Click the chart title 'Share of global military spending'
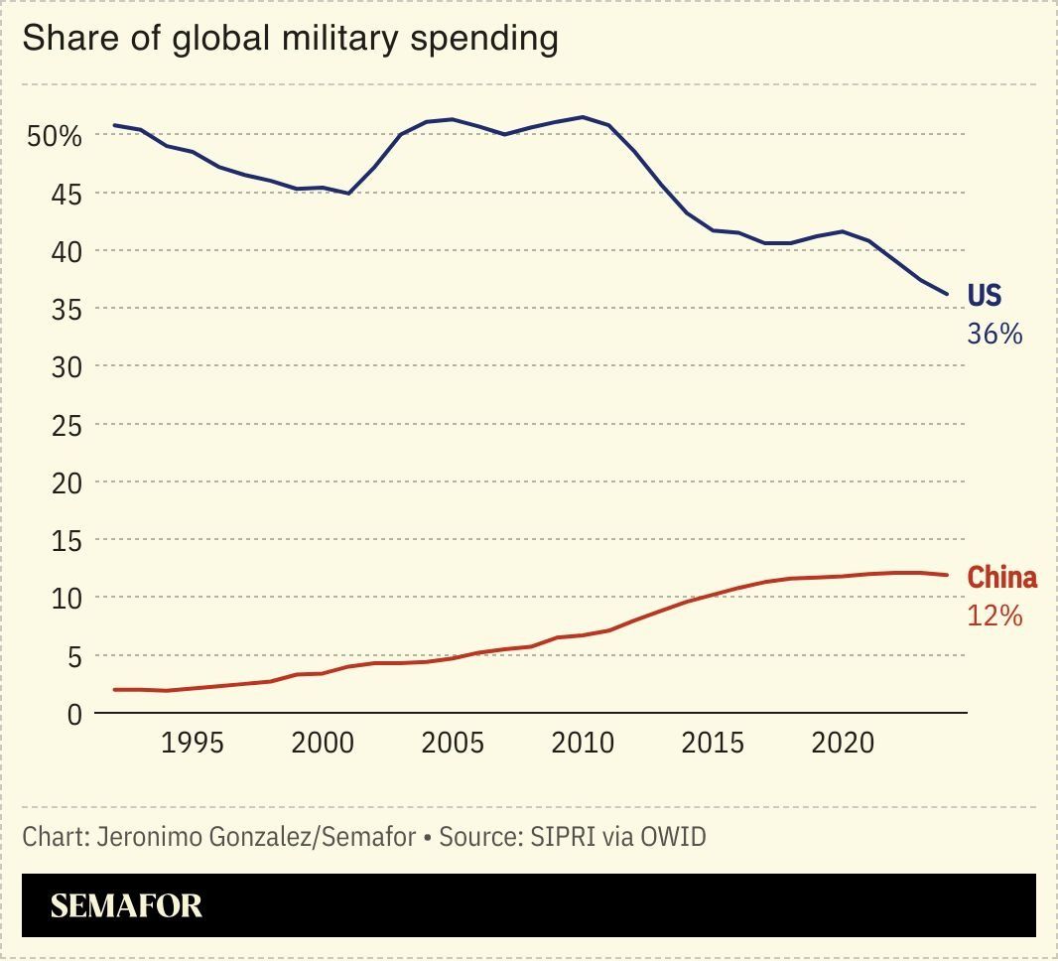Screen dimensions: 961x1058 pyautogui.click(x=290, y=39)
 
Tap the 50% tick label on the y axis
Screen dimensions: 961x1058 pyautogui.click(x=54, y=136)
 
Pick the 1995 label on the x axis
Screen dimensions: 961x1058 pyautogui.click(x=192, y=744)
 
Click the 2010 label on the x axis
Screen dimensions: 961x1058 pyautogui.click(x=583, y=744)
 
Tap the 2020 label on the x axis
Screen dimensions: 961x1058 pyautogui.click(x=843, y=744)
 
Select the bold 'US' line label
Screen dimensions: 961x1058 pyautogui.click(x=985, y=296)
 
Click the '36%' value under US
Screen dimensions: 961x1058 pyautogui.click(x=994, y=335)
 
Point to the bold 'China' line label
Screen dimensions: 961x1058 pyautogui.click(x=1001, y=578)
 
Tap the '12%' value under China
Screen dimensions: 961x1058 pyautogui.click(x=994, y=617)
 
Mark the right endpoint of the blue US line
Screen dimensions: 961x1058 pyautogui.click(x=948, y=295)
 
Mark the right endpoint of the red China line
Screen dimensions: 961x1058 pyautogui.click(x=948, y=575)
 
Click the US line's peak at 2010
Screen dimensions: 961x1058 pyautogui.click(x=583, y=117)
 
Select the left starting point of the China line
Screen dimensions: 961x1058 pyautogui.click(x=114, y=689)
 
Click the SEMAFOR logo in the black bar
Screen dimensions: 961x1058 pyautogui.click(x=126, y=905)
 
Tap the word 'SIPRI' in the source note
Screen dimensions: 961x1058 pyautogui.click(x=564, y=837)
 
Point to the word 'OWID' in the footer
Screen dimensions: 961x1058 pyautogui.click(x=674, y=837)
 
